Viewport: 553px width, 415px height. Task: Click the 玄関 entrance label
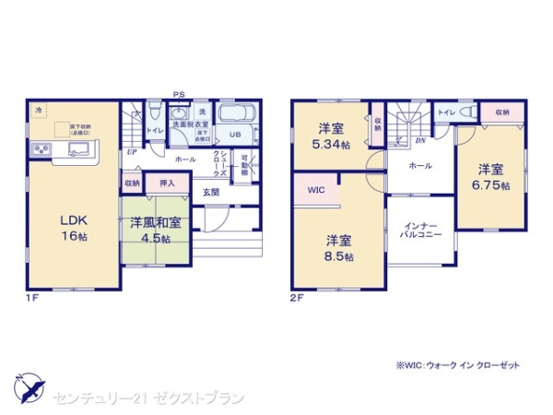point(211,193)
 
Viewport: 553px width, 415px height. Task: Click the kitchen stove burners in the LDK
point(41,149)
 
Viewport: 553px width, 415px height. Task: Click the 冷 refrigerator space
point(39,110)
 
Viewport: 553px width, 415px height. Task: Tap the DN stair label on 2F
point(419,141)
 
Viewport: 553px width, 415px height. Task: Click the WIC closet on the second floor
point(315,190)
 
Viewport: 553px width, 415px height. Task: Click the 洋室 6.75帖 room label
point(492,176)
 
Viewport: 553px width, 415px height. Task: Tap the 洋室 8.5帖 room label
point(338,247)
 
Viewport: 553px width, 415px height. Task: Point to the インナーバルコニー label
point(419,229)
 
